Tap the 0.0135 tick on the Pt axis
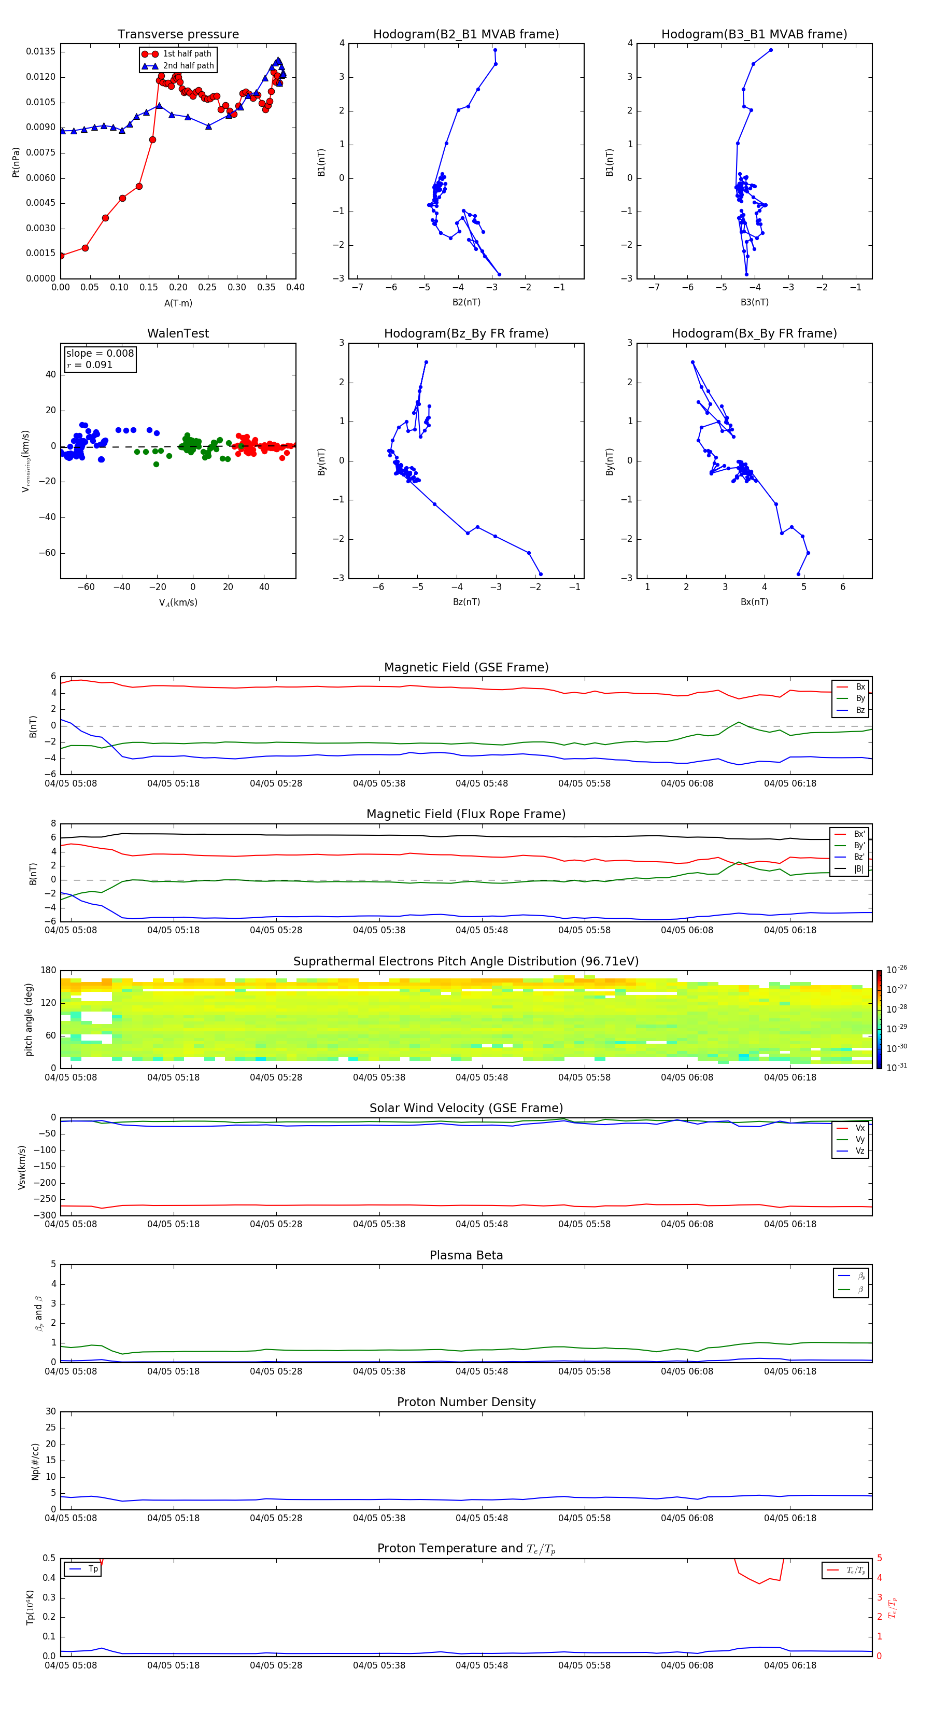click(40, 52)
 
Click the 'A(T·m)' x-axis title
click(178, 303)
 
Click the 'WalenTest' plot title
click(178, 333)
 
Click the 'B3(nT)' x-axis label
click(754, 302)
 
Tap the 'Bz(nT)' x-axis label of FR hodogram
click(466, 602)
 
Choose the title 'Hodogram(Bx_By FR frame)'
click(754, 333)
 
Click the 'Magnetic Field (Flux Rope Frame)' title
click(465, 815)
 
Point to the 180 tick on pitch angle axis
click(49, 971)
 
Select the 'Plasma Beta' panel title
click(465, 1255)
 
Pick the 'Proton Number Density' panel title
click(465, 1402)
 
